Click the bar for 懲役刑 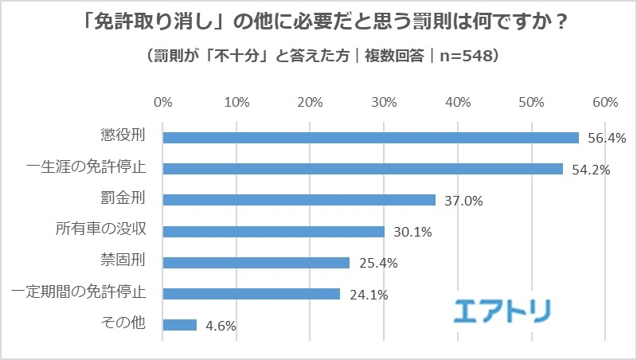click(370, 138)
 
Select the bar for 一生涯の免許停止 click(362, 169)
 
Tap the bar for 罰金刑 click(299, 200)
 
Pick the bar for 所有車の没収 click(273, 231)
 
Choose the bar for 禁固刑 click(256, 262)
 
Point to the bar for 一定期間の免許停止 click(251, 293)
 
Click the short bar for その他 click(179, 324)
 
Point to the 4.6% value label click(219, 326)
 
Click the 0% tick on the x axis click(162, 102)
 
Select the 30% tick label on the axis click(384, 102)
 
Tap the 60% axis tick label click(605, 102)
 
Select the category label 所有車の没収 click(104, 231)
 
